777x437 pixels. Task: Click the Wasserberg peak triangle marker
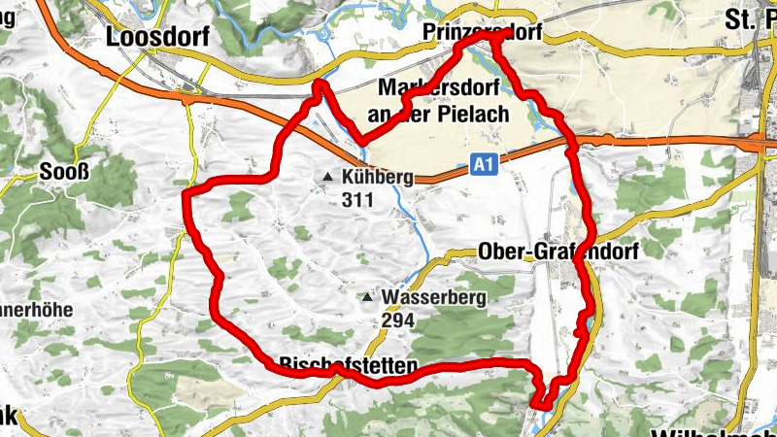tap(368, 297)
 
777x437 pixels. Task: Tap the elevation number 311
tap(357, 200)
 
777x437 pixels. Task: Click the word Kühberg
tap(378, 178)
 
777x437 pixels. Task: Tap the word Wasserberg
tap(433, 297)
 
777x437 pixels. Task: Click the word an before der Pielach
tap(379, 115)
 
